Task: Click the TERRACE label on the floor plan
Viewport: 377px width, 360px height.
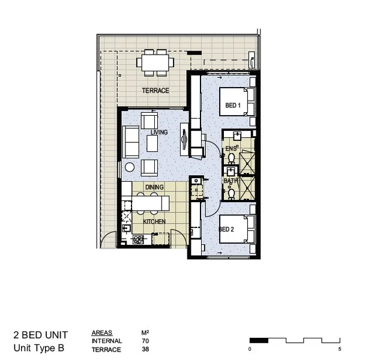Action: pos(155,91)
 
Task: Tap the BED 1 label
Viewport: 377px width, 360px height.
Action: pos(232,106)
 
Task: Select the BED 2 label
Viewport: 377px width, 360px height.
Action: pos(226,229)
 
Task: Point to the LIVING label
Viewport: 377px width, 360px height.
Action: pos(159,132)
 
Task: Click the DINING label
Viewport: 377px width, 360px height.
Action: pos(154,187)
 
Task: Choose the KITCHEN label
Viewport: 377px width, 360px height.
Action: pos(154,222)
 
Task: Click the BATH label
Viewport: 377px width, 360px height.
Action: pos(231,181)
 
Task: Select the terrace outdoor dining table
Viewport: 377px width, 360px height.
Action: pos(155,62)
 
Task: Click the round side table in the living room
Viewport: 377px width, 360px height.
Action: pos(130,167)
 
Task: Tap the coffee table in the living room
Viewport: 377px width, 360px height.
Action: pos(152,143)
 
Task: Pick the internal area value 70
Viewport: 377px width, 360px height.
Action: pos(145,341)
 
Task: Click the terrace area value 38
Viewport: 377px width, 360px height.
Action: pos(145,349)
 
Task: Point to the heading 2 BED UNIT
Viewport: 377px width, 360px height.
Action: pos(41,335)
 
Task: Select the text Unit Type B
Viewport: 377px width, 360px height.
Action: pos(38,348)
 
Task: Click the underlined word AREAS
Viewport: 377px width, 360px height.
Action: pos(102,332)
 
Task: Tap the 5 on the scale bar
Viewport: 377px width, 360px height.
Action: pos(340,349)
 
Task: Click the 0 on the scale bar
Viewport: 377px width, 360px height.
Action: pos(250,349)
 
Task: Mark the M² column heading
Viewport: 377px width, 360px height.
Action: pos(145,332)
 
